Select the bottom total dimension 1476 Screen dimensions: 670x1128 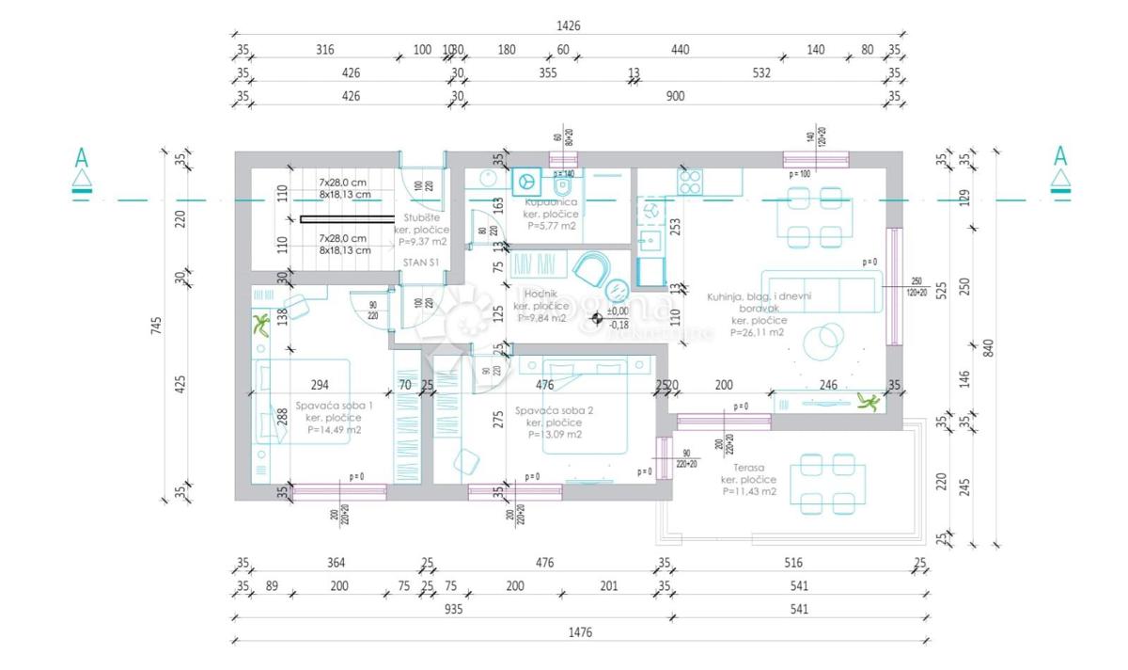click(x=581, y=632)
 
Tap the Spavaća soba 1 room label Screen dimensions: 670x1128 click(x=335, y=406)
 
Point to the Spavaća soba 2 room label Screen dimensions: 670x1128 click(x=554, y=411)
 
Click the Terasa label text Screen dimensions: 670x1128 click(x=749, y=467)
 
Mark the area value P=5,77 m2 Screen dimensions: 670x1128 click(x=551, y=226)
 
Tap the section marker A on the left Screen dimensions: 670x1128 click(x=83, y=157)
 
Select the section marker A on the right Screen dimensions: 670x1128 click(x=1059, y=157)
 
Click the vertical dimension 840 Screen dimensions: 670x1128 click(x=988, y=347)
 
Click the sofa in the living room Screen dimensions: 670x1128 click(x=822, y=291)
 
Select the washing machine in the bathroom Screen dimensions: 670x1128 click(x=525, y=180)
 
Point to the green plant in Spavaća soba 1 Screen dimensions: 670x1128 click(x=262, y=326)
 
